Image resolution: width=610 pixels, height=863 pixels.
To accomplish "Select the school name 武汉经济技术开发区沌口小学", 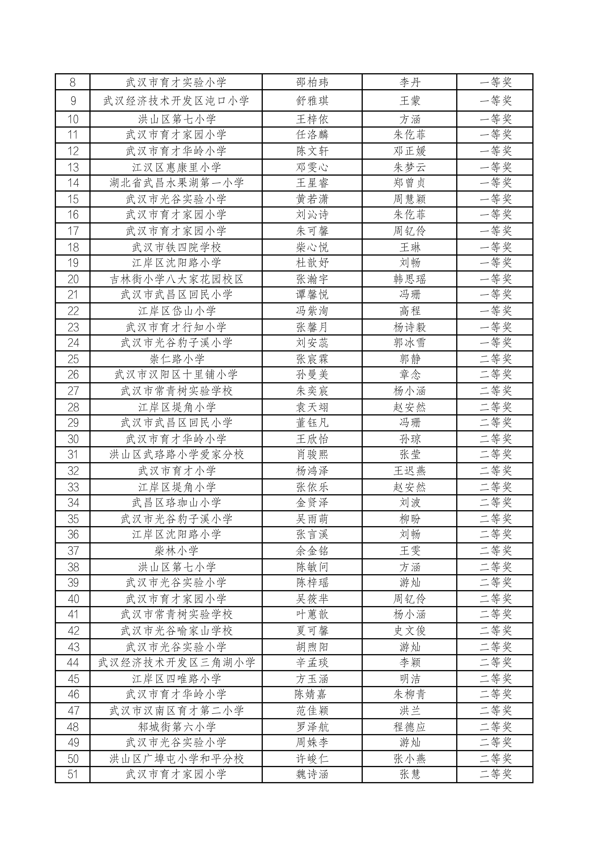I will (x=176, y=101).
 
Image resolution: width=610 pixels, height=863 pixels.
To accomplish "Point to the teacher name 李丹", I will (x=409, y=82).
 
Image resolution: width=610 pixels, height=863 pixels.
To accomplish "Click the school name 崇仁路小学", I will (x=176, y=359).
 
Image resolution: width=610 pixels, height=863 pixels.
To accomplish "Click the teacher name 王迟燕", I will (x=409, y=471).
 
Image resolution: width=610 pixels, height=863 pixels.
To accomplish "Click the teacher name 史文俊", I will (x=409, y=631).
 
